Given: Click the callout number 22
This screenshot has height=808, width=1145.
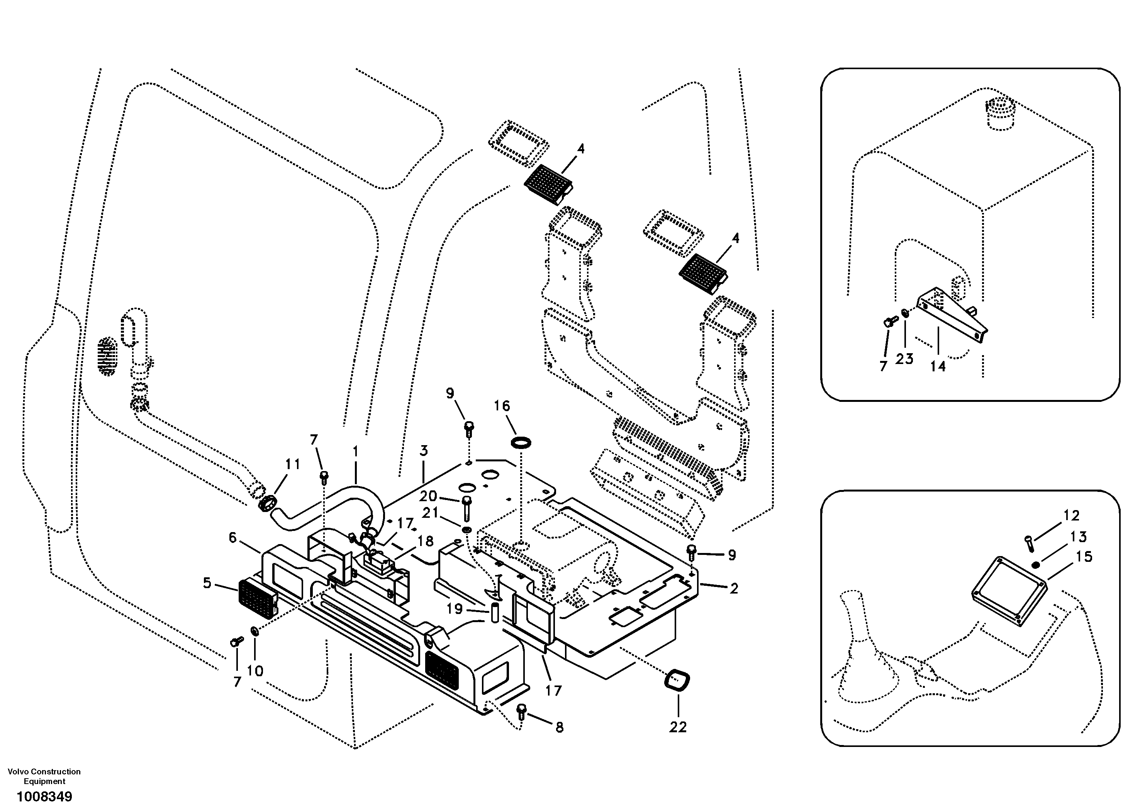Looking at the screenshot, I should [678, 727].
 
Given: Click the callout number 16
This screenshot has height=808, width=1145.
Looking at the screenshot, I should [502, 406].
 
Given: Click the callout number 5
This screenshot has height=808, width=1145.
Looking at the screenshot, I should [207, 583].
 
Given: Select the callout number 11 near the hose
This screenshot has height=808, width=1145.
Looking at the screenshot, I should [292, 464].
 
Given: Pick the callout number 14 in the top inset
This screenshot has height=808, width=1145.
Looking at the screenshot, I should [938, 366].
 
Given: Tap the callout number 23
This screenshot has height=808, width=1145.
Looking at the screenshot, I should [904, 359].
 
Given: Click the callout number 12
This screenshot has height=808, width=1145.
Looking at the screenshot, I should [1071, 515].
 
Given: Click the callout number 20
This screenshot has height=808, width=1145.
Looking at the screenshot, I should [428, 496].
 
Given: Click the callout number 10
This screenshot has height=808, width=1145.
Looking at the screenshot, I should [255, 671].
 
